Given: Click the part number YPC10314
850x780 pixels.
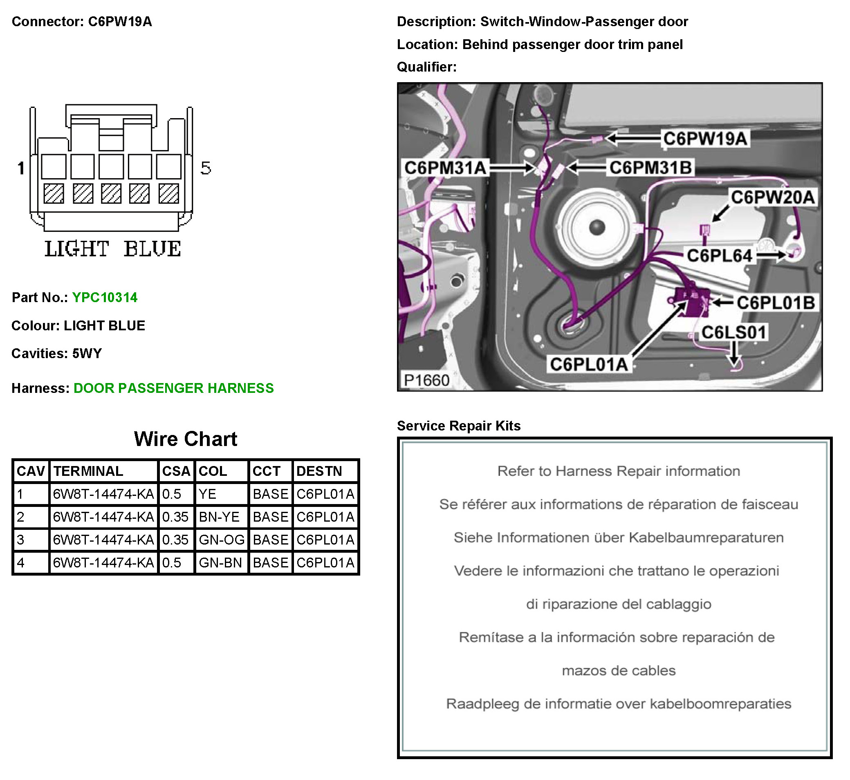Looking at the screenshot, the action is [105, 298].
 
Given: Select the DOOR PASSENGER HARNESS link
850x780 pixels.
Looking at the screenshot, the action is [173, 388].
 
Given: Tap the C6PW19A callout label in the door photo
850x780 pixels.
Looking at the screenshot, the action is [705, 139].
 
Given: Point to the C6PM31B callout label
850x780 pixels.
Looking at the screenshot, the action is [650, 168].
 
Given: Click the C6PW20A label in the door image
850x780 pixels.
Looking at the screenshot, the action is [772, 197].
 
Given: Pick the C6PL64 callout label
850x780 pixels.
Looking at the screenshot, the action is [720, 256].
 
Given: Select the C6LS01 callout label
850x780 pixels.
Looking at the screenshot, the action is [733, 332].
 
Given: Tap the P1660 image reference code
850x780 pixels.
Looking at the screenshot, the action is [426, 380].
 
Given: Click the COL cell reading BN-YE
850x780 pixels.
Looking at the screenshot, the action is [219, 517].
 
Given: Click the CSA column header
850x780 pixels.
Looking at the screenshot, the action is [176, 471].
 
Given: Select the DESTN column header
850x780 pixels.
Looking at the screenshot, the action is [319, 471].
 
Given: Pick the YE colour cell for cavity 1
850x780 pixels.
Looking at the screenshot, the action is [207, 494].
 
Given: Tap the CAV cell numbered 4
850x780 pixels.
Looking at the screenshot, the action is [21, 562].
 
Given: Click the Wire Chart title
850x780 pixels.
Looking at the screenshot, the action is [186, 439].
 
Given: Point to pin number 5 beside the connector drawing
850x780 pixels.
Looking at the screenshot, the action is [206, 168].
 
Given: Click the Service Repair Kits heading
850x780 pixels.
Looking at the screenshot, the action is [459, 426].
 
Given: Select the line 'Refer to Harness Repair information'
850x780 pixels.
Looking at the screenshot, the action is [618, 471].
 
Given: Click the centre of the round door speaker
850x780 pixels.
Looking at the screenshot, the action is [597, 227].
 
